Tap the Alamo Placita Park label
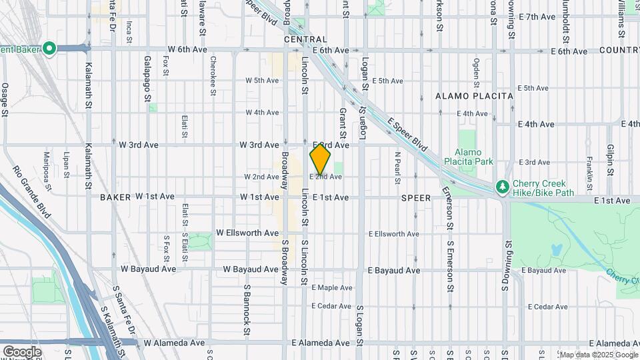[x=475, y=157]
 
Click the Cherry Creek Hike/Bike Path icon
[x=503, y=187]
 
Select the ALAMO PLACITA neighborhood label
[x=474, y=96]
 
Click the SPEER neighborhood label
[x=417, y=198]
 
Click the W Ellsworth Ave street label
[x=247, y=233]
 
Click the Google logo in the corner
[x=21, y=351]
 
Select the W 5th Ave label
[x=262, y=81]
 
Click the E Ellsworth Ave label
[x=394, y=234]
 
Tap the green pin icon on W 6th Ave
[x=49, y=49]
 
